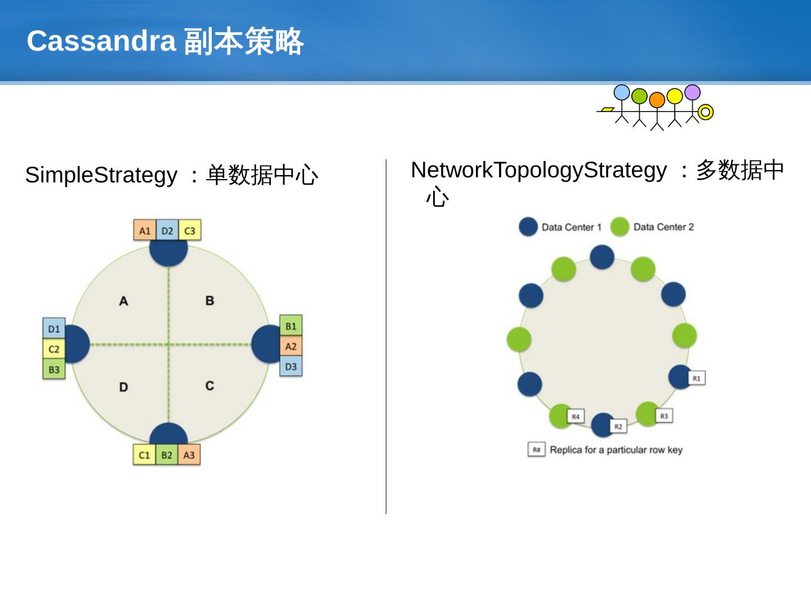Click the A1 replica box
145,231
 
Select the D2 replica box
167,231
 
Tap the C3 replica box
190,231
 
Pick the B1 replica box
291,326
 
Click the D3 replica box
291,366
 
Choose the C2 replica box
54,349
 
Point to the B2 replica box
167,455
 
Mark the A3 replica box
189,455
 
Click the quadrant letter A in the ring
123,301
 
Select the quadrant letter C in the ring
210,386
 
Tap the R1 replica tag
697,378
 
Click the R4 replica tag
576,417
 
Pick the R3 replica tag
664,416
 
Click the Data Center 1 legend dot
528,227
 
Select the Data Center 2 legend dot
620,227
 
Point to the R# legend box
536,450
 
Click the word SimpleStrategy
101,175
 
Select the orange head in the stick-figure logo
657,100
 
